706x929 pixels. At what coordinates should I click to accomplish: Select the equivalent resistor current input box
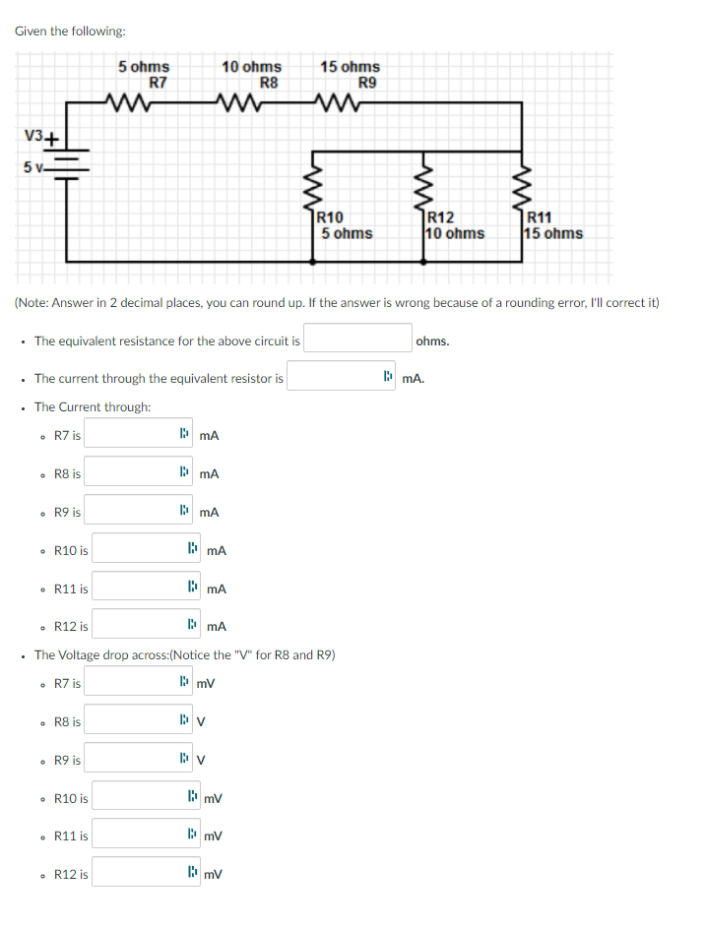click(335, 377)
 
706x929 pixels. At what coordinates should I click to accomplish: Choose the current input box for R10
click(137, 550)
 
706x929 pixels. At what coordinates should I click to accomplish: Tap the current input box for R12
click(137, 626)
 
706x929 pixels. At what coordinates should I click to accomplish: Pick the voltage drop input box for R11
click(137, 836)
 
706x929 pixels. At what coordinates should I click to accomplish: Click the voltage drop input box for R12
click(137, 873)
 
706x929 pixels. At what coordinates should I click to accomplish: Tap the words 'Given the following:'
click(70, 31)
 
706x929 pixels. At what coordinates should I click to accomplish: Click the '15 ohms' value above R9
click(350, 67)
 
